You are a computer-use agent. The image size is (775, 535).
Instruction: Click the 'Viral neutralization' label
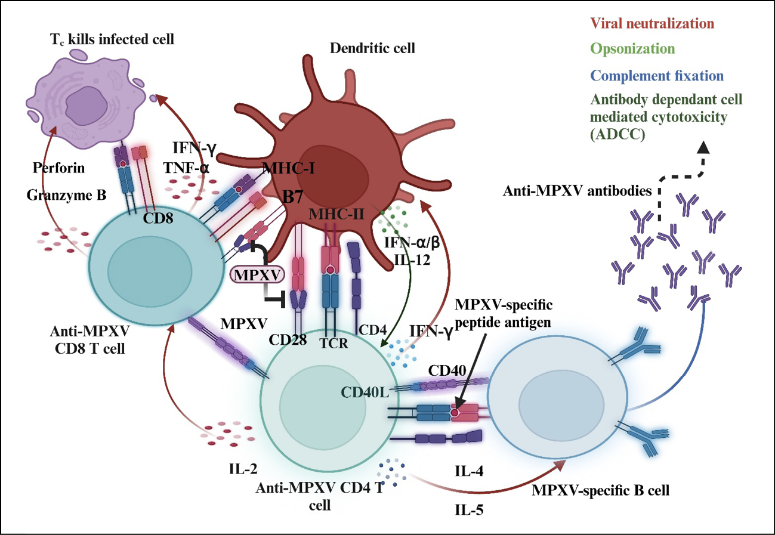[652, 24]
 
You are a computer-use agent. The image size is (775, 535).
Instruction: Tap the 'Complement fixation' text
[656, 76]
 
